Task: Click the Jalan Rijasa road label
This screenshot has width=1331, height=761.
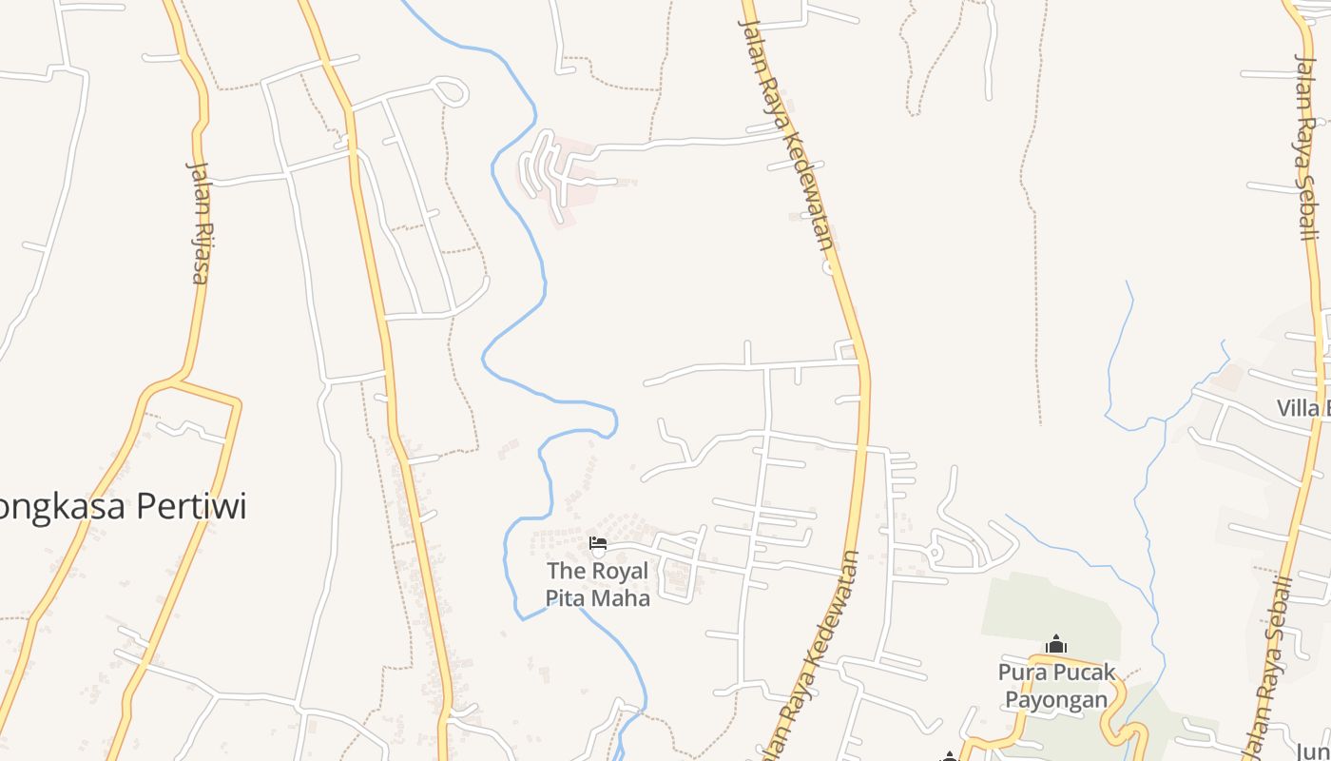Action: [198, 222]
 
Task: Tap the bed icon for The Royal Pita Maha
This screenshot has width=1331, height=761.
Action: [598, 544]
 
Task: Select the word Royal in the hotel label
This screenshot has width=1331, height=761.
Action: [620, 571]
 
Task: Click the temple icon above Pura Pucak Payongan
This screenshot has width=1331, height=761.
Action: [1056, 645]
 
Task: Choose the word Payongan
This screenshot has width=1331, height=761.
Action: [1056, 699]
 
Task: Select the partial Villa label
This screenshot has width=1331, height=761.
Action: [1303, 408]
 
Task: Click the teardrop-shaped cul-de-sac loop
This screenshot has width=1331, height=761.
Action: [452, 92]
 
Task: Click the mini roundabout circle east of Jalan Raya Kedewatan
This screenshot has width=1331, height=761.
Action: [935, 553]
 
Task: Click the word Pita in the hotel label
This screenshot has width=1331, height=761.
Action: [566, 597]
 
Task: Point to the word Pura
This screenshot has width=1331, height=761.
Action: [1020, 673]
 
